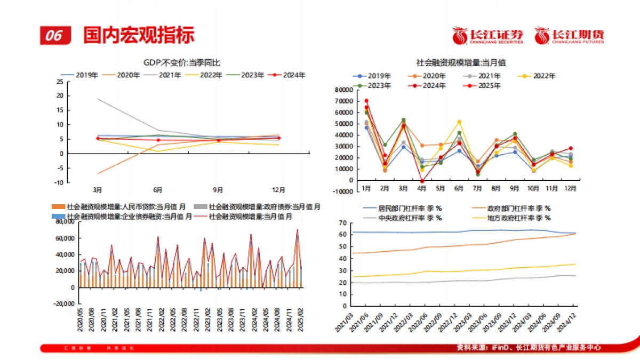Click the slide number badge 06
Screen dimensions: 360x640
coord(54,35)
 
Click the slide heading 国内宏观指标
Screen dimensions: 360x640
coord(139,35)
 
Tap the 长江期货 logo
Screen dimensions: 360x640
coord(570,35)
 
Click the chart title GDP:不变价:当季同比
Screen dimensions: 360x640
coord(181,62)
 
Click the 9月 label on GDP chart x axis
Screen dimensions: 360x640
coord(218,189)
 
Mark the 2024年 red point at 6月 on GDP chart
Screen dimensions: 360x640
coord(158,140)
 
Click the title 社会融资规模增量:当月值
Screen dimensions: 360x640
coord(461,62)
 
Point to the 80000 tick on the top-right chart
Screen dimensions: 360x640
coord(343,90)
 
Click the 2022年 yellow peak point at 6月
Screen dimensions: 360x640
coord(459,122)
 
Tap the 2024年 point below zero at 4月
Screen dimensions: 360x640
coord(422,181)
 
